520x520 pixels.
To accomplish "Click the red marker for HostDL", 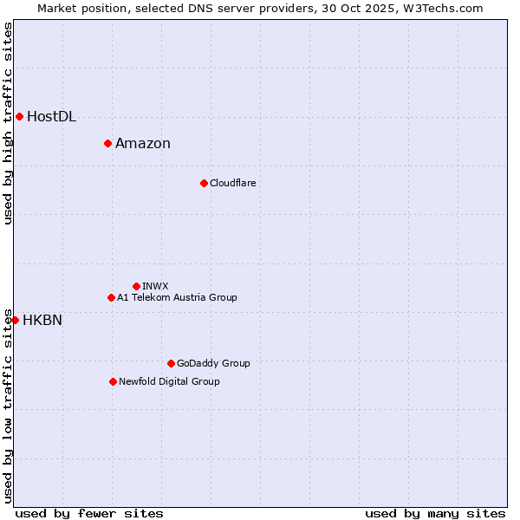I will point(19,116).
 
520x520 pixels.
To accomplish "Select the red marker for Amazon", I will point(107,143).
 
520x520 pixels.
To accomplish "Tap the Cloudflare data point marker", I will point(204,183).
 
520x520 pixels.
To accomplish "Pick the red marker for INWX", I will point(136,286).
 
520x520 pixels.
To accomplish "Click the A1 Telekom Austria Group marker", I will point(111,297).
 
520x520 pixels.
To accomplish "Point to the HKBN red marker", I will point(15,320).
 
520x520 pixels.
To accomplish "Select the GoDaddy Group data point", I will point(171,363).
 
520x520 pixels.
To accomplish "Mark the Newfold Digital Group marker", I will point(113,381).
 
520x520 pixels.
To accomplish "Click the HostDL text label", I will point(52,117).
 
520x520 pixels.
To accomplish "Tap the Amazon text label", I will point(143,144).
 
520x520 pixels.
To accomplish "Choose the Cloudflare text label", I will point(233,184).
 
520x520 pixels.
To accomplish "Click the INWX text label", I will point(156,287).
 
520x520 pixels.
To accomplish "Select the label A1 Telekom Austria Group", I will point(177,298).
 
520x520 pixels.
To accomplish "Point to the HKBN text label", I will point(42,321).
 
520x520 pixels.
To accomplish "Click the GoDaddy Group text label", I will point(213,364).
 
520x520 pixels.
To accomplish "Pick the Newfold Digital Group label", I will point(169,382).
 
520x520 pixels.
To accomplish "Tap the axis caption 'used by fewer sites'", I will point(89,514).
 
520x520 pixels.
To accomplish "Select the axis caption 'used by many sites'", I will point(435,514).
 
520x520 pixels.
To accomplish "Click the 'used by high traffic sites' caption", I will point(8,124).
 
